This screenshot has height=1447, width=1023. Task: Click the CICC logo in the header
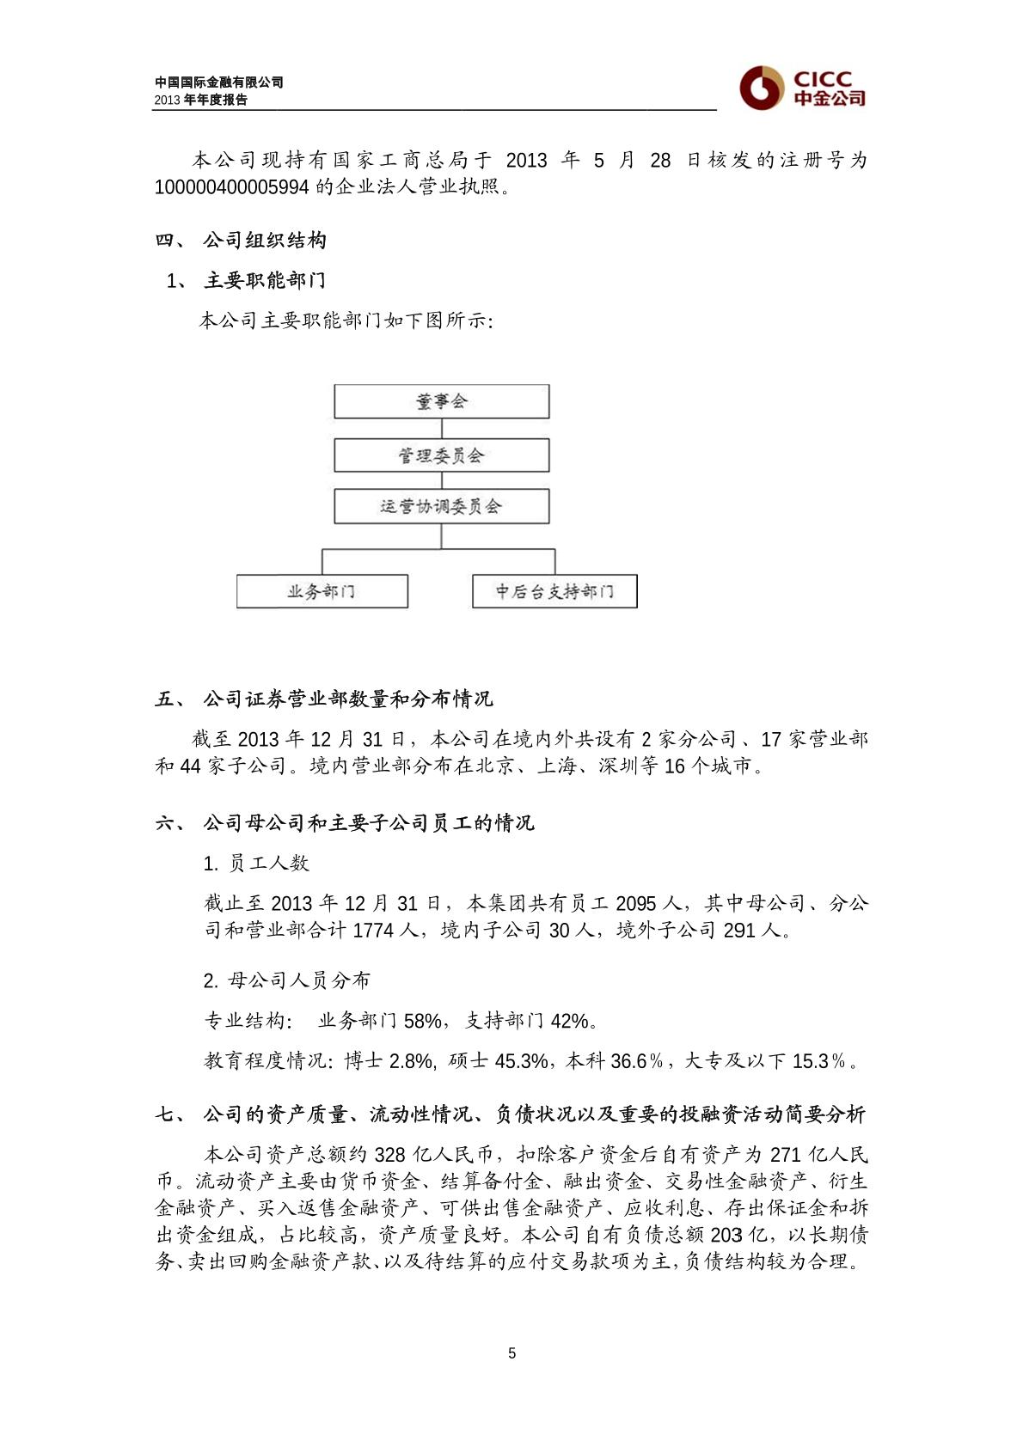coord(801,87)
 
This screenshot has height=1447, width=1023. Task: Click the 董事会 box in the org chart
coord(441,401)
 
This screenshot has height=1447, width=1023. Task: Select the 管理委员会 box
coord(441,455)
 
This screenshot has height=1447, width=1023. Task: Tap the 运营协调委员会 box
coord(441,506)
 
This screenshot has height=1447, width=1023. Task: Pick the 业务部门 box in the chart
coord(322,591)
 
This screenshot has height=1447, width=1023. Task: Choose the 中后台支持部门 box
coord(554,591)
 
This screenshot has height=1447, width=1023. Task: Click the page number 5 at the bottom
coord(512,1353)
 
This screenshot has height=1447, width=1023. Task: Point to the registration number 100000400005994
coord(231,187)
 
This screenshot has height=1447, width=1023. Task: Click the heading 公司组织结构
coord(265,241)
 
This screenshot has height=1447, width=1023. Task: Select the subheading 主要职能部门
coord(265,281)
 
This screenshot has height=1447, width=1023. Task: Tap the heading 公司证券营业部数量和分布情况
coord(347,699)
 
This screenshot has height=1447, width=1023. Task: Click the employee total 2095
coord(636,904)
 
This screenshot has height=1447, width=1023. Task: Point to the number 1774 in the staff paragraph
coord(372,931)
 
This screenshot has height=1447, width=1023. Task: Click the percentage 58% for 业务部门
coord(422,1021)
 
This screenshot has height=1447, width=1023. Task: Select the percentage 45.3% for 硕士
coord(520,1061)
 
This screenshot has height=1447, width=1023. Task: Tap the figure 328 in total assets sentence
coord(389,1155)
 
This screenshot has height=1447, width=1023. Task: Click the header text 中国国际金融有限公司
coord(219,82)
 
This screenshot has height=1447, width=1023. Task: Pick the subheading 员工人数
coord(268,864)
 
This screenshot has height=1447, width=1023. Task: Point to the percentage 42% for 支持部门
coord(569,1021)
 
